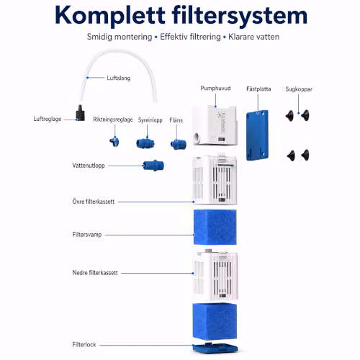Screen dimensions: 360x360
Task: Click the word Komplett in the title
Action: (x=110, y=16)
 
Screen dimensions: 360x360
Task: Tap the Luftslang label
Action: (x=119, y=78)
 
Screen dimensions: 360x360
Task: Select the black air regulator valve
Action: (x=81, y=113)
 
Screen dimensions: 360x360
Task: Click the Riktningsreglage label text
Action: (x=113, y=120)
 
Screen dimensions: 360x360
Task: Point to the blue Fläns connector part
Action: (x=179, y=145)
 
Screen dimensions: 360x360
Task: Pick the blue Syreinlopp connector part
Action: (x=145, y=143)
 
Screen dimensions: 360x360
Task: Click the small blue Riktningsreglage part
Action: (x=114, y=142)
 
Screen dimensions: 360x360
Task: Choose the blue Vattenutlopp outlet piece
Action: (x=153, y=166)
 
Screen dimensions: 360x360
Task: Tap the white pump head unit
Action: (x=215, y=125)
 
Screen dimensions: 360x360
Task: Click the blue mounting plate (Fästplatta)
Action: (x=257, y=135)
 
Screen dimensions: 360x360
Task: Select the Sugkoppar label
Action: (x=299, y=89)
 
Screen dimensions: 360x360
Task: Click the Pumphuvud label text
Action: (x=215, y=89)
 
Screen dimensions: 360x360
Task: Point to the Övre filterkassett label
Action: (x=94, y=202)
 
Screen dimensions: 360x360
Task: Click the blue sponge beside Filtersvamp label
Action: (x=215, y=227)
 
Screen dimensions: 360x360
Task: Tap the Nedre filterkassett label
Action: (x=95, y=273)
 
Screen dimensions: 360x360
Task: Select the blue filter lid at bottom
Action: (x=215, y=348)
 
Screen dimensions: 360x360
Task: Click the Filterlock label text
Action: (x=84, y=345)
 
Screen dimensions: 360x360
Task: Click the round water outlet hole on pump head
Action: (x=198, y=138)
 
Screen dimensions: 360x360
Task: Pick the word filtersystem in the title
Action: (x=240, y=16)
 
